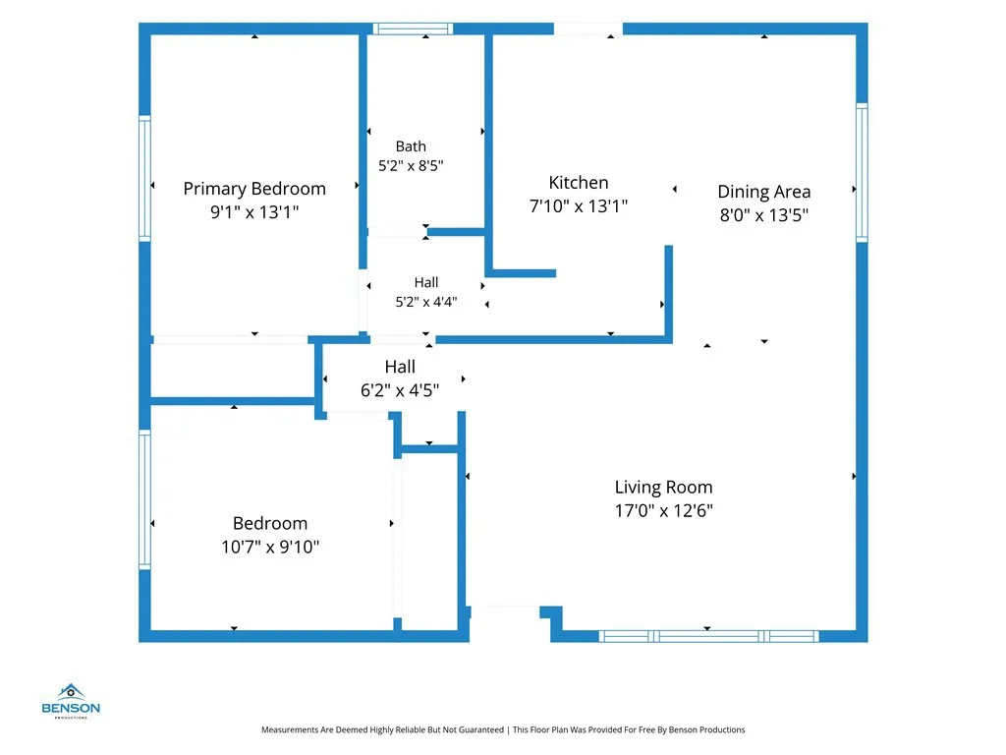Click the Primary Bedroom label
[254, 189]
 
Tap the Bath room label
[411, 146]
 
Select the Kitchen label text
[579, 182]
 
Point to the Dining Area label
[764, 192]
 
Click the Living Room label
[664, 488]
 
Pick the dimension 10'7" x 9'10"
[270, 547]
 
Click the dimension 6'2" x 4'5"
[400, 389]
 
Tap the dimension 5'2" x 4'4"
[426, 301]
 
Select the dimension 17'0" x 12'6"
[664, 510]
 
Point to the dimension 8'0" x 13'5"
[764, 214]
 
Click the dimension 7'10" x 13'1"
[579, 205]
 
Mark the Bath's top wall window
[414, 29]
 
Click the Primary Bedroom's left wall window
[145, 179]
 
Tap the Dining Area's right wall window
[862, 173]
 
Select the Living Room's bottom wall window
[709, 636]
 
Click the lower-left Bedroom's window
[145, 499]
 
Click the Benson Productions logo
[71, 701]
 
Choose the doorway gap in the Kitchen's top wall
[588, 29]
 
